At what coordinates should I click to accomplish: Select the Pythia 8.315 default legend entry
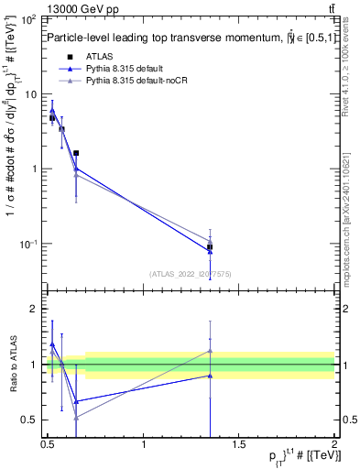tap(130, 70)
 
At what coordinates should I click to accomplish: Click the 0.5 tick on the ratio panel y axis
tap(29, 420)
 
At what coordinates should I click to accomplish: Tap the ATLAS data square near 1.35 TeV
tap(210, 247)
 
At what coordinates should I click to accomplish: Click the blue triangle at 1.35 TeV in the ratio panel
tap(210, 376)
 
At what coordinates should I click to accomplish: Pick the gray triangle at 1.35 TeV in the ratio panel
tap(210, 351)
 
